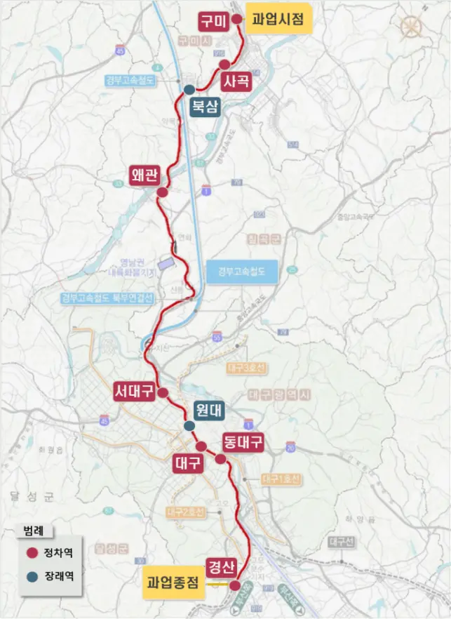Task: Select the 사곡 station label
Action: (x=235, y=81)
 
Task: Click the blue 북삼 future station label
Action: (x=205, y=107)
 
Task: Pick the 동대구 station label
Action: (x=243, y=442)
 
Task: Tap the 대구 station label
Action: (x=188, y=463)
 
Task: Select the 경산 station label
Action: (x=221, y=566)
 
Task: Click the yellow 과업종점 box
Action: (x=173, y=583)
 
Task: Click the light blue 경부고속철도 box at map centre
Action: (x=243, y=272)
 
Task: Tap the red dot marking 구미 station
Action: (x=237, y=20)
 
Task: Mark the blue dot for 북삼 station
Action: (x=189, y=89)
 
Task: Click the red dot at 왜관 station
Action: (x=162, y=192)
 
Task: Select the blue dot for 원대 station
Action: (x=189, y=426)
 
